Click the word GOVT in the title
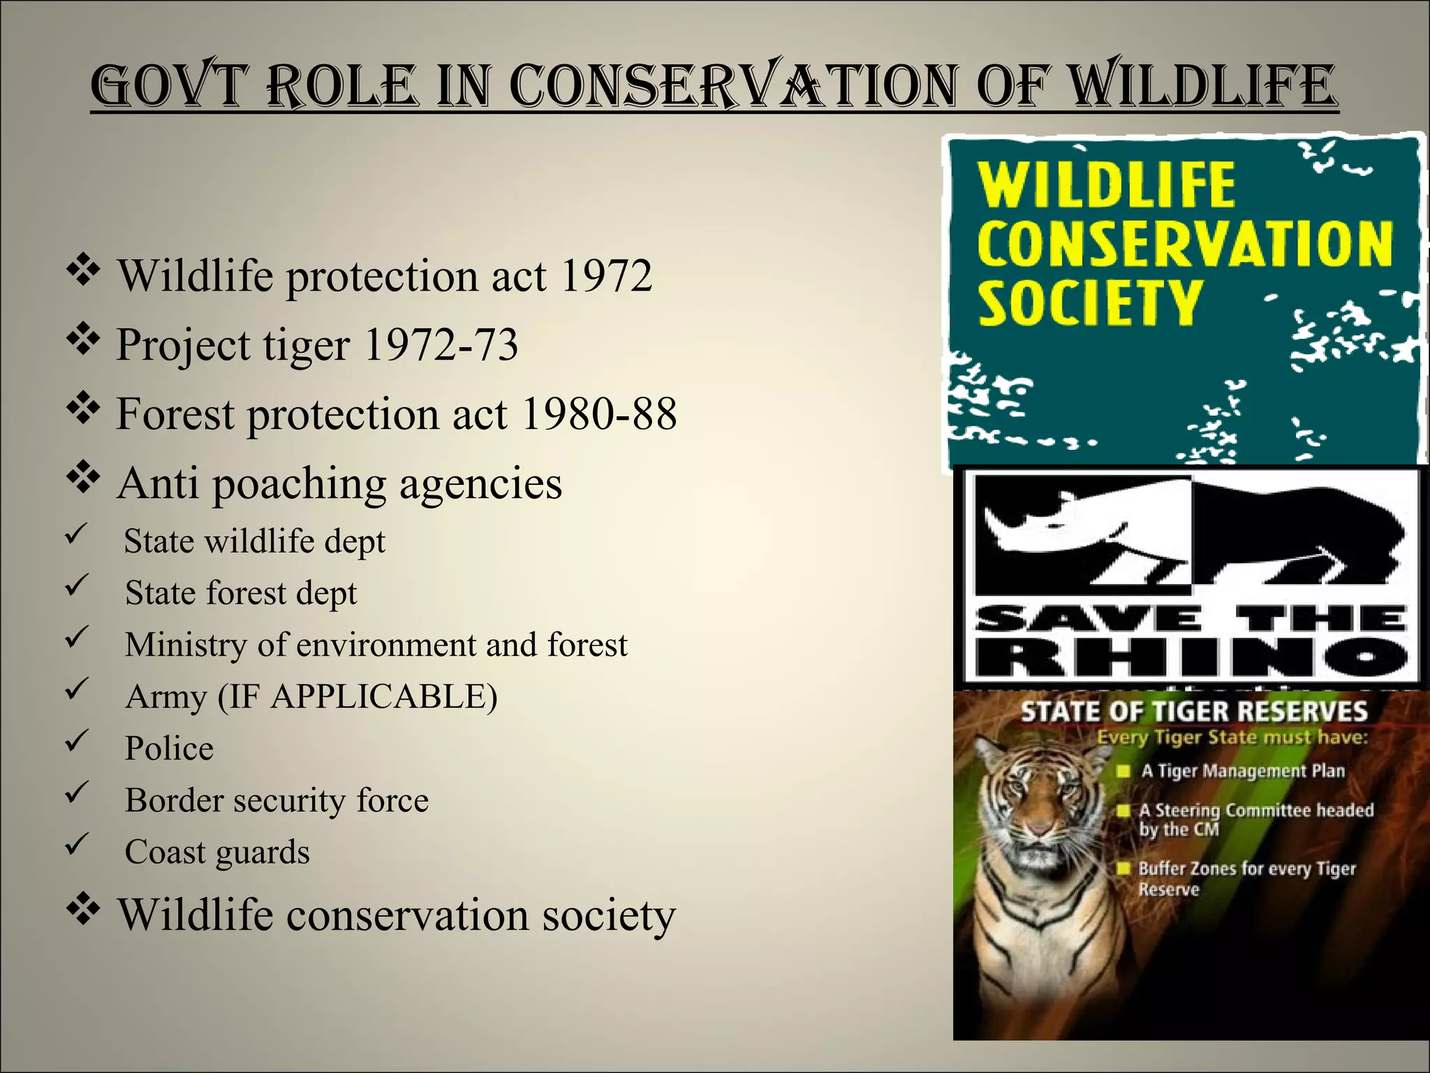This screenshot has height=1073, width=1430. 170,87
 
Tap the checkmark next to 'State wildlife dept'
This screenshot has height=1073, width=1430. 75,536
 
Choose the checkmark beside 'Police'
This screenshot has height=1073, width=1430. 75,742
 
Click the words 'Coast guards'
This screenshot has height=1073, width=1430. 217,852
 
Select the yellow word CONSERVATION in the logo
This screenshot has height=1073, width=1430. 1184,244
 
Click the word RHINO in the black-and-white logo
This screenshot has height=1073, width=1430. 1191,657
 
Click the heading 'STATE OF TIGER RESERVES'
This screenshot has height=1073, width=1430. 1193,712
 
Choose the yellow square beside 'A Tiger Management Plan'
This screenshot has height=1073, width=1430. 1123,771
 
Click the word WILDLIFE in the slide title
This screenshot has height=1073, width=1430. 1204,87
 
